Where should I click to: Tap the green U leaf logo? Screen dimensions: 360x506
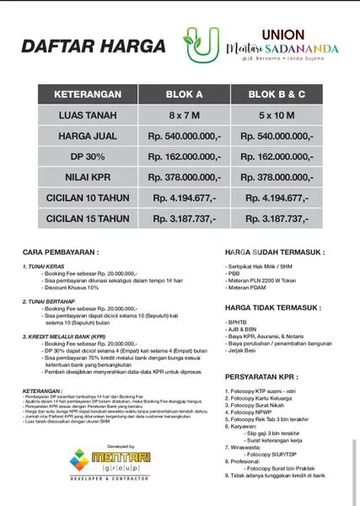(201, 46)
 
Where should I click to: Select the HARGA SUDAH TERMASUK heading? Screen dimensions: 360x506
(275, 252)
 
